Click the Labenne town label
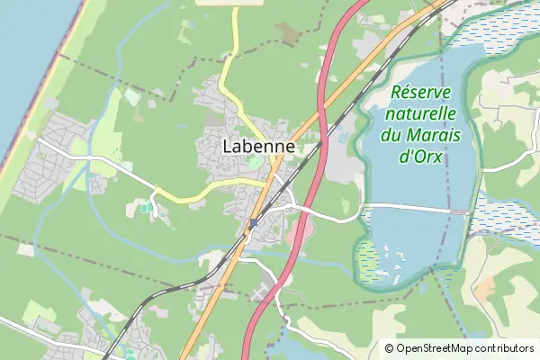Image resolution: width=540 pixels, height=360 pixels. click(259, 146)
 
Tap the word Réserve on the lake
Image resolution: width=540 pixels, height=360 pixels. click(423, 93)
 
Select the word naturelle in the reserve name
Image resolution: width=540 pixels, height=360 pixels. click(420, 114)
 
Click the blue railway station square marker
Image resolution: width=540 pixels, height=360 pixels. click(254, 222)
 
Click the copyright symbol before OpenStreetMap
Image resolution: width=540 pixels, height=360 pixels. click(390, 348)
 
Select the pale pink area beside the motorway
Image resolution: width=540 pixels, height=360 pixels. click(303, 231)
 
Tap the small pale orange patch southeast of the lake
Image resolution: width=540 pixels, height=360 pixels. click(486, 289)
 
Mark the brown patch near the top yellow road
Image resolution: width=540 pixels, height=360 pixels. click(290, 33)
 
